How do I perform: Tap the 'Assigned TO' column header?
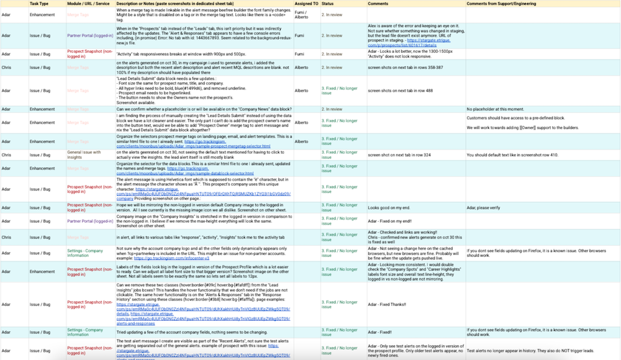click(x=306, y=4)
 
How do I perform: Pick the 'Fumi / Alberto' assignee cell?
click(x=301, y=14)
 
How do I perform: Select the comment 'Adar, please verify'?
click(x=487, y=208)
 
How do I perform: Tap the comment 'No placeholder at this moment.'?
click(x=500, y=109)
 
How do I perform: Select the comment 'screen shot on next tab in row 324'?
click(x=398, y=154)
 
